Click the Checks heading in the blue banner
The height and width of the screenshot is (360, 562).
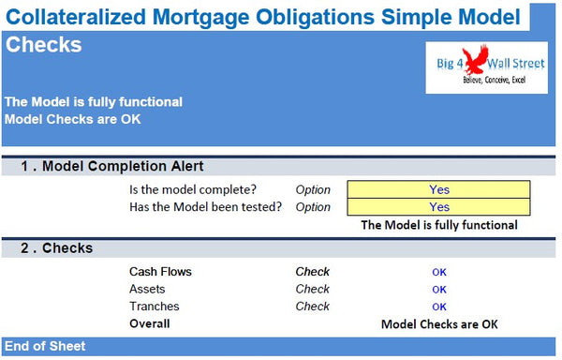click(x=43, y=45)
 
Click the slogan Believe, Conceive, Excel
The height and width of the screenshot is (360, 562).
click(x=490, y=82)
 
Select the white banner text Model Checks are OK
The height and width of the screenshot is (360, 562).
click(x=74, y=119)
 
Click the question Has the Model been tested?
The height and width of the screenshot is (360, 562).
click(x=205, y=206)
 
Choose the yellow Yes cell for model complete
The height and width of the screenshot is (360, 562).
click(x=438, y=189)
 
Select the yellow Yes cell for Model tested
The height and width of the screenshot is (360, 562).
click(x=438, y=206)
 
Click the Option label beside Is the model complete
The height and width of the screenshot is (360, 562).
click(x=313, y=189)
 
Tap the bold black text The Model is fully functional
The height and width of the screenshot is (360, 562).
click(x=438, y=225)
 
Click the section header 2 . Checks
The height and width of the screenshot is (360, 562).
click(x=57, y=248)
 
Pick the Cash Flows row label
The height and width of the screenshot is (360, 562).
click(x=160, y=272)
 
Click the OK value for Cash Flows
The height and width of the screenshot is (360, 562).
click(x=438, y=272)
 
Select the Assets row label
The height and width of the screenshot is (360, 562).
click(x=147, y=289)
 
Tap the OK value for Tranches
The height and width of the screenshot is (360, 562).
click(x=438, y=306)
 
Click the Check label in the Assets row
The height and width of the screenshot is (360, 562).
click(x=313, y=289)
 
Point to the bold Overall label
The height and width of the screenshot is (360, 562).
click(x=150, y=323)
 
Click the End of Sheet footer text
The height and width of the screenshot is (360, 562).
click(x=45, y=346)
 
